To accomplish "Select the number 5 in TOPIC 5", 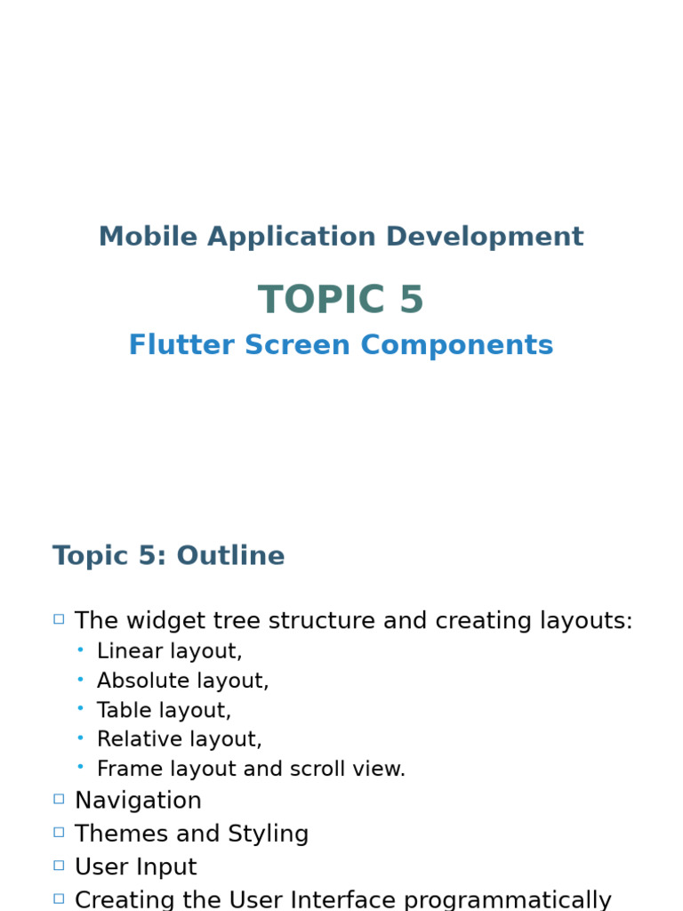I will click(411, 301).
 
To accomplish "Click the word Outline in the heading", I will click(230, 556).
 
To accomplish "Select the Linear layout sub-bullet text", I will click(169, 651).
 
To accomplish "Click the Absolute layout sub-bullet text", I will click(182, 681).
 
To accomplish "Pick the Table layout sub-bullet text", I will click(164, 710).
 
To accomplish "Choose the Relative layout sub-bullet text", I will click(179, 739).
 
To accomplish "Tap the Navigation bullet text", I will click(138, 801).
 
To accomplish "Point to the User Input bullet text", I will click(135, 867).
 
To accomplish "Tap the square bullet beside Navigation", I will click(59, 799).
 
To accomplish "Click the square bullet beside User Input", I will click(59, 865).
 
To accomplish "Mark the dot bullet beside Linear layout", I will click(80, 650).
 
